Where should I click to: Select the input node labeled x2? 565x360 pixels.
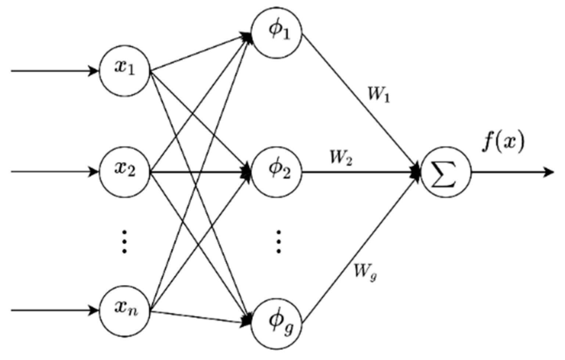click(125, 171)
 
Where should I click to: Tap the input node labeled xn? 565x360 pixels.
click(125, 310)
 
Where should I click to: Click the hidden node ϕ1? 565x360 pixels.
click(277, 32)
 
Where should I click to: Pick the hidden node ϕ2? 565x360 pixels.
click(277, 171)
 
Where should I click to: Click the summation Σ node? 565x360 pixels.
click(445, 172)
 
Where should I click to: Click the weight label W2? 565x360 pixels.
click(341, 158)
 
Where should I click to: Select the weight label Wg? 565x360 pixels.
click(365, 272)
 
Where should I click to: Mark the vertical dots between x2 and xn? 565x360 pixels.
click(125, 242)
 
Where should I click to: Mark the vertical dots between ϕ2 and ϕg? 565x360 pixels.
click(278, 242)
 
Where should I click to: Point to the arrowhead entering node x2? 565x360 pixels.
click(94, 171)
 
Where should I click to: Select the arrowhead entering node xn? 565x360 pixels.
click(94, 310)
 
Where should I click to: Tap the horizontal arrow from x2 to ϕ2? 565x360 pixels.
click(198, 172)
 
